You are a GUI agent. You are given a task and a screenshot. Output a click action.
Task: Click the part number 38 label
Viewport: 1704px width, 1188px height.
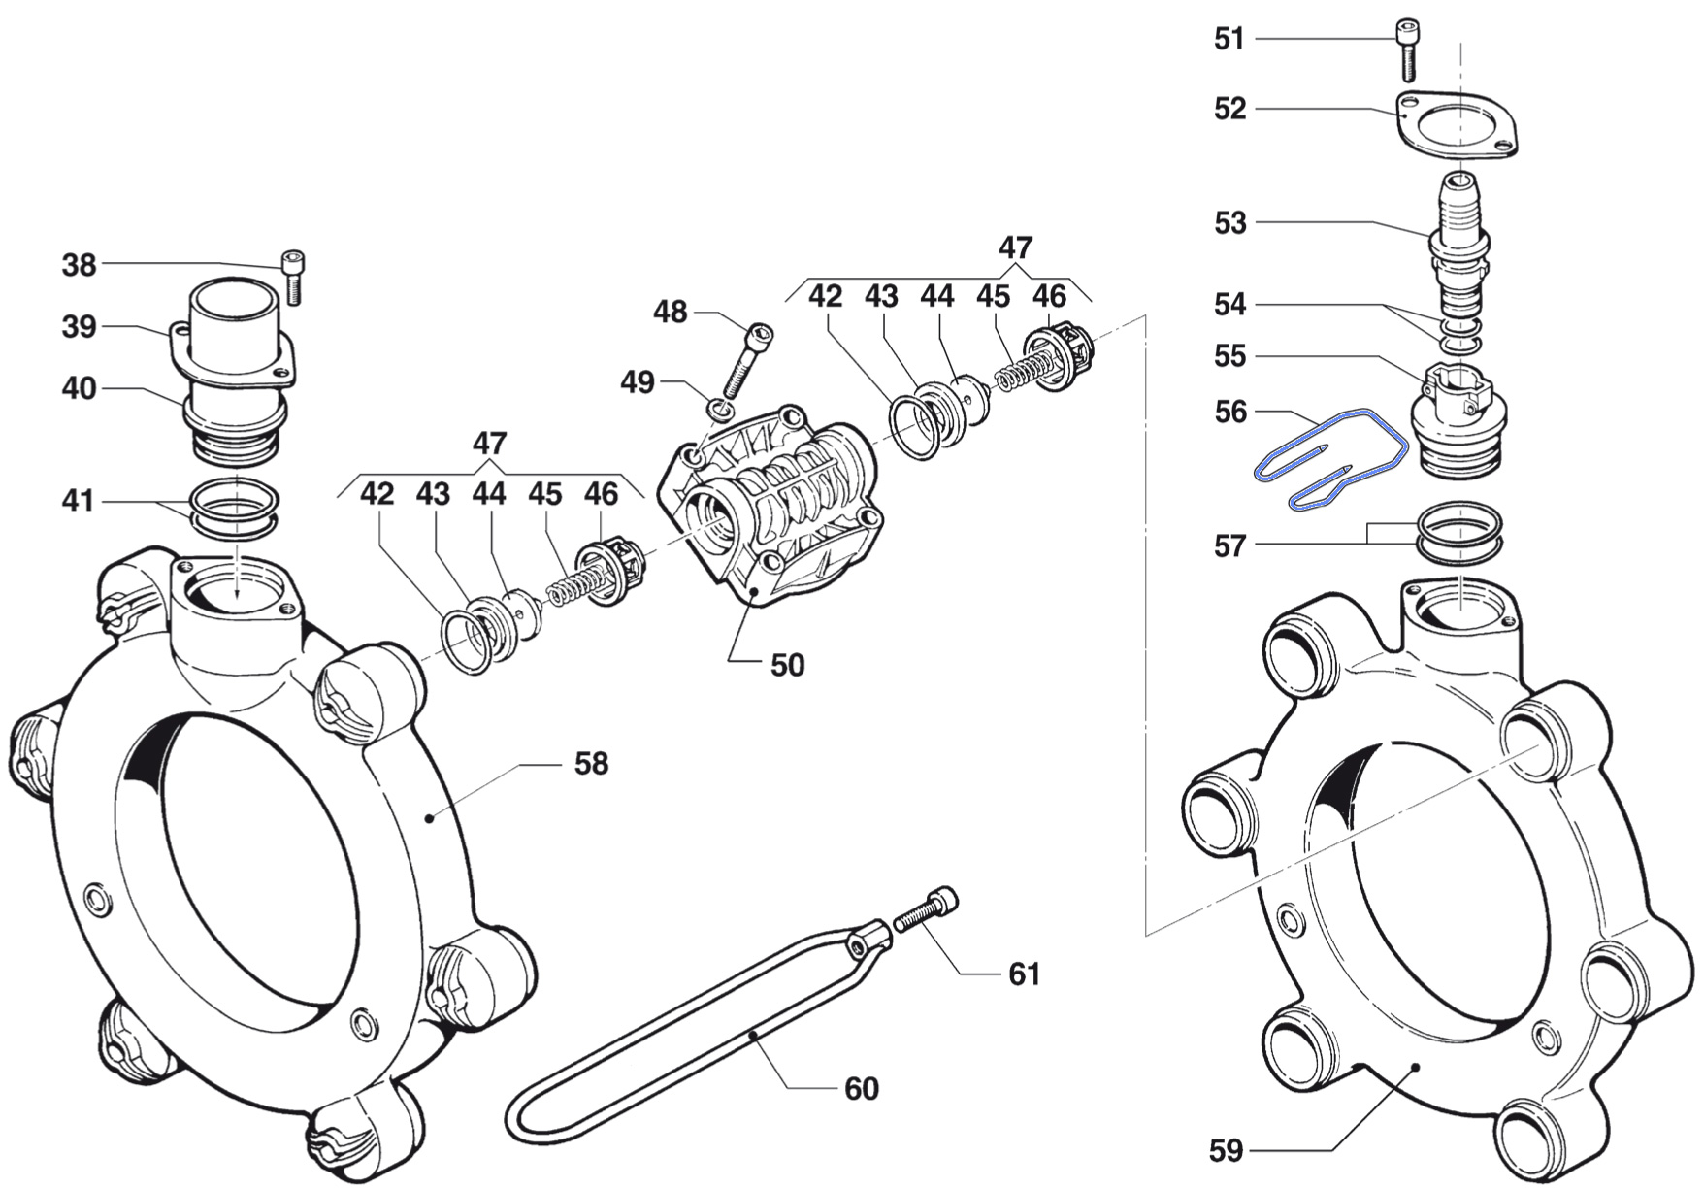[80, 264]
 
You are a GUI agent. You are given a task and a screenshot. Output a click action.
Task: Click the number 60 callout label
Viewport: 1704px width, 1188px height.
[861, 1089]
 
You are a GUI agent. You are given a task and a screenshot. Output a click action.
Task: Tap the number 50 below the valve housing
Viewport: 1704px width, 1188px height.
[787, 665]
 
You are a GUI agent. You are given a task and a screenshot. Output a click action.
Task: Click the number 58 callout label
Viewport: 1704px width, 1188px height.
[591, 764]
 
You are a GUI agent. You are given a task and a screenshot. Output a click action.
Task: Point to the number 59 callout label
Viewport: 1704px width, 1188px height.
[1227, 1151]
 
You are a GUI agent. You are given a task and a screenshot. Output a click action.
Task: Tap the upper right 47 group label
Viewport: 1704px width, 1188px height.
[1015, 247]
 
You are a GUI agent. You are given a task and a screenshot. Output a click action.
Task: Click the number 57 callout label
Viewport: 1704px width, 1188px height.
[1229, 546]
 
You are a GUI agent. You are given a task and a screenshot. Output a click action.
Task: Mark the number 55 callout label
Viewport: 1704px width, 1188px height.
[1229, 356]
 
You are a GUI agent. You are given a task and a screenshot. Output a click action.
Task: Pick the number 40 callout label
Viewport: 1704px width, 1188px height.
[80, 388]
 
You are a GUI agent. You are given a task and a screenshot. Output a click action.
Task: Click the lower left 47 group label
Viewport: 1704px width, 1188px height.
[489, 444]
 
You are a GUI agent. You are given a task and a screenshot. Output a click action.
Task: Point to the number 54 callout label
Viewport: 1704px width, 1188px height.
[1229, 305]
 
